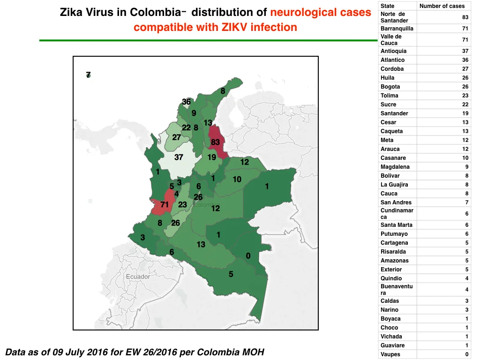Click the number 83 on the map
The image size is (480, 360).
click(x=215, y=142)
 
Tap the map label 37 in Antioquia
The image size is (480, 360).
click(x=179, y=157)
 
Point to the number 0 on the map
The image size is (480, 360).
click(x=248, y=255)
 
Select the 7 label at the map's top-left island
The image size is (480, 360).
click(x=88, y=75)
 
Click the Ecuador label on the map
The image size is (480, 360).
click(x=138, y=277)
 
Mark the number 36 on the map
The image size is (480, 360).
click(x=186, y=102)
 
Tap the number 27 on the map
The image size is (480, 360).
click(x=176, y=137)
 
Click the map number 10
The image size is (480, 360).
click(x=237, y=180)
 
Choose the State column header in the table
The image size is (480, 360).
click(x=387, y=6)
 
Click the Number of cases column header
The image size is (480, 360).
click(x=442, y=6)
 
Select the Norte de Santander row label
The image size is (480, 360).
click(x=394, y=17)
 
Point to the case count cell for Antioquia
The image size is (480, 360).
click(x=465, y=51)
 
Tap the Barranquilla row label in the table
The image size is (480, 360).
click(x=397, y=29)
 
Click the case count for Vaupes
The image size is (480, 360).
click(x=467, y=354)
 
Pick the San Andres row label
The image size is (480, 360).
click(x=396, y=202)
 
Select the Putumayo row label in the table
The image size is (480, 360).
click(x=394, y=234)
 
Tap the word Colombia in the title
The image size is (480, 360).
click(x=156, y=13)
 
